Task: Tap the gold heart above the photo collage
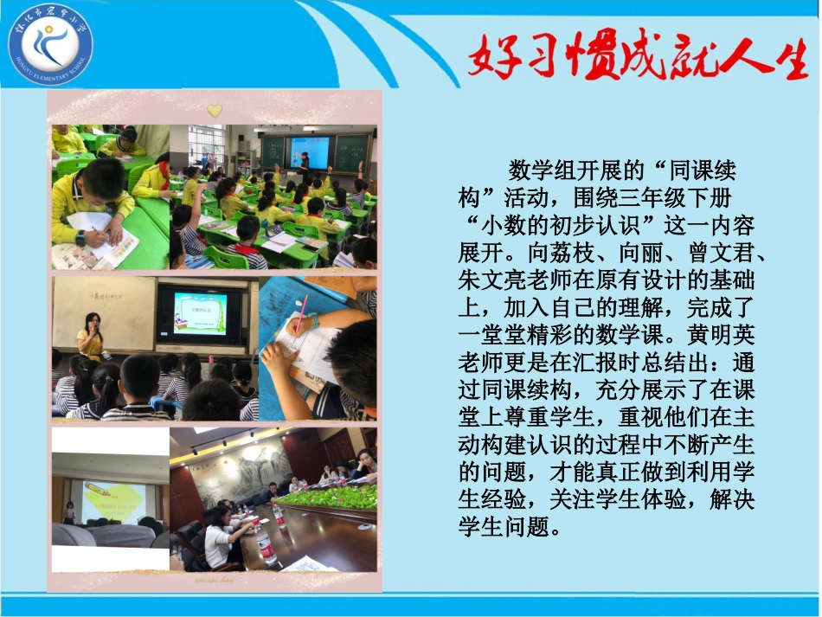[214, 111]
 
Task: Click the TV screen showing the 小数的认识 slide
[200, 314]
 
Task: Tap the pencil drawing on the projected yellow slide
[107, 500]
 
